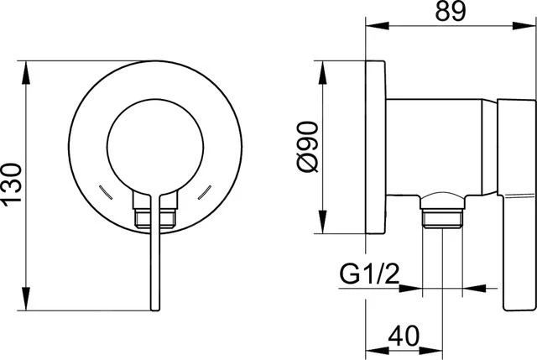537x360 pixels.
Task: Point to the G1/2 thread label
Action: (368, 274)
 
